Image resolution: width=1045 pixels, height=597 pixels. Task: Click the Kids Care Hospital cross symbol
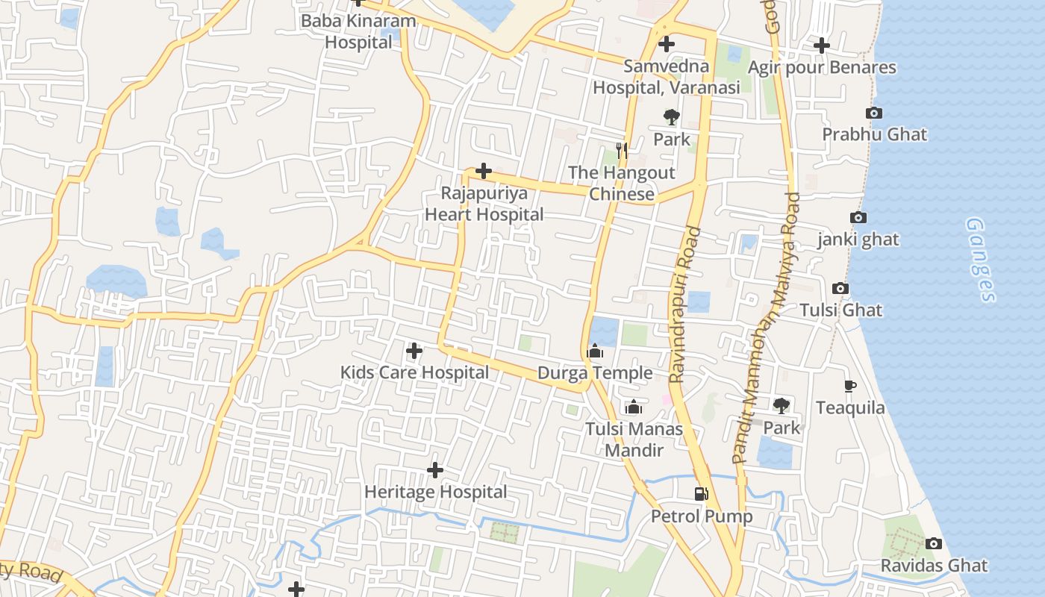[414, 350]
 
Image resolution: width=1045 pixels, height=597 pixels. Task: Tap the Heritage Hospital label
[435, 492]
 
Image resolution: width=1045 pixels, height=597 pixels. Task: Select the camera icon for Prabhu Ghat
[874, 113]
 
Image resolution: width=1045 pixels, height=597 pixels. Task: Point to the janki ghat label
[858, 240]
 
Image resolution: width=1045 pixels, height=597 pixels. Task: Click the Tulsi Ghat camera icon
[840, 288]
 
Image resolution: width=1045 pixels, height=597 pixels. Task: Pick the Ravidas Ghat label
[934, 565]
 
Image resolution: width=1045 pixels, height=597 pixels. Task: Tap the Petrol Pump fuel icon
[701, 493]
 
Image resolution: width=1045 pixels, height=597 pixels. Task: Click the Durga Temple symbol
[595, 350]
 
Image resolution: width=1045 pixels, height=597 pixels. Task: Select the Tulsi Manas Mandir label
[634, 440]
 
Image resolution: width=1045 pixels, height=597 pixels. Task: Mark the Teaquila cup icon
[850, 386]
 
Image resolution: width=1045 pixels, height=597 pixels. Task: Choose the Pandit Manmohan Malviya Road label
[766, 328]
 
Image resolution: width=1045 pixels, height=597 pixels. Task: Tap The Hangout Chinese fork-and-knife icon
[621, 150]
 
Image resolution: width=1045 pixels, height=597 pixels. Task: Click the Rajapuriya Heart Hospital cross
[484, 171]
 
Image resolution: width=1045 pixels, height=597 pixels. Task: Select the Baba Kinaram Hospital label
[358, 31]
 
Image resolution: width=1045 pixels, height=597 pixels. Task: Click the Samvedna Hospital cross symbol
[667, 44]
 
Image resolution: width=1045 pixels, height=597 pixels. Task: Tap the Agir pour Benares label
[822, 67]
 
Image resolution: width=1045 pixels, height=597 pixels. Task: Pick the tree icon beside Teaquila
[782, 405]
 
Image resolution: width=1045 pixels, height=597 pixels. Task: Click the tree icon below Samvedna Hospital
[672, 116]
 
